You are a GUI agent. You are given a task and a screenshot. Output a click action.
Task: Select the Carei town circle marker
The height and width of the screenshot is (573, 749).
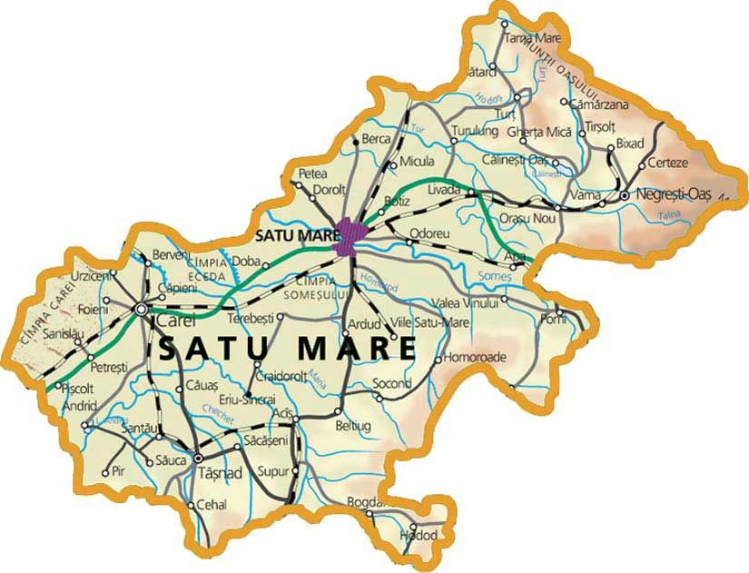[x=142, y=310]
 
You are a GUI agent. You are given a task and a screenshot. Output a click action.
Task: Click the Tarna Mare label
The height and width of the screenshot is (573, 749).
[x=532, y=39]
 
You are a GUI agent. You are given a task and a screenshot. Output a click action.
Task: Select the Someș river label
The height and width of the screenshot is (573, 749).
[x=498, y=252]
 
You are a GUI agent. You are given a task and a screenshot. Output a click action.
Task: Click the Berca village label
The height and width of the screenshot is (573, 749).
[x=376, y=139]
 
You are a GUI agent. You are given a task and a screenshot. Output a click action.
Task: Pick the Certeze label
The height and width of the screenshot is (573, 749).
[x=668, y=163]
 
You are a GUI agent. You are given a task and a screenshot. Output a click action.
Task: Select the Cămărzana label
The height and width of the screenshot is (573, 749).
[x=596, y=104]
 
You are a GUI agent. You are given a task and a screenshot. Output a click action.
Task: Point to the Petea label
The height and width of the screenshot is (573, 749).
[x=311, y=173]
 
